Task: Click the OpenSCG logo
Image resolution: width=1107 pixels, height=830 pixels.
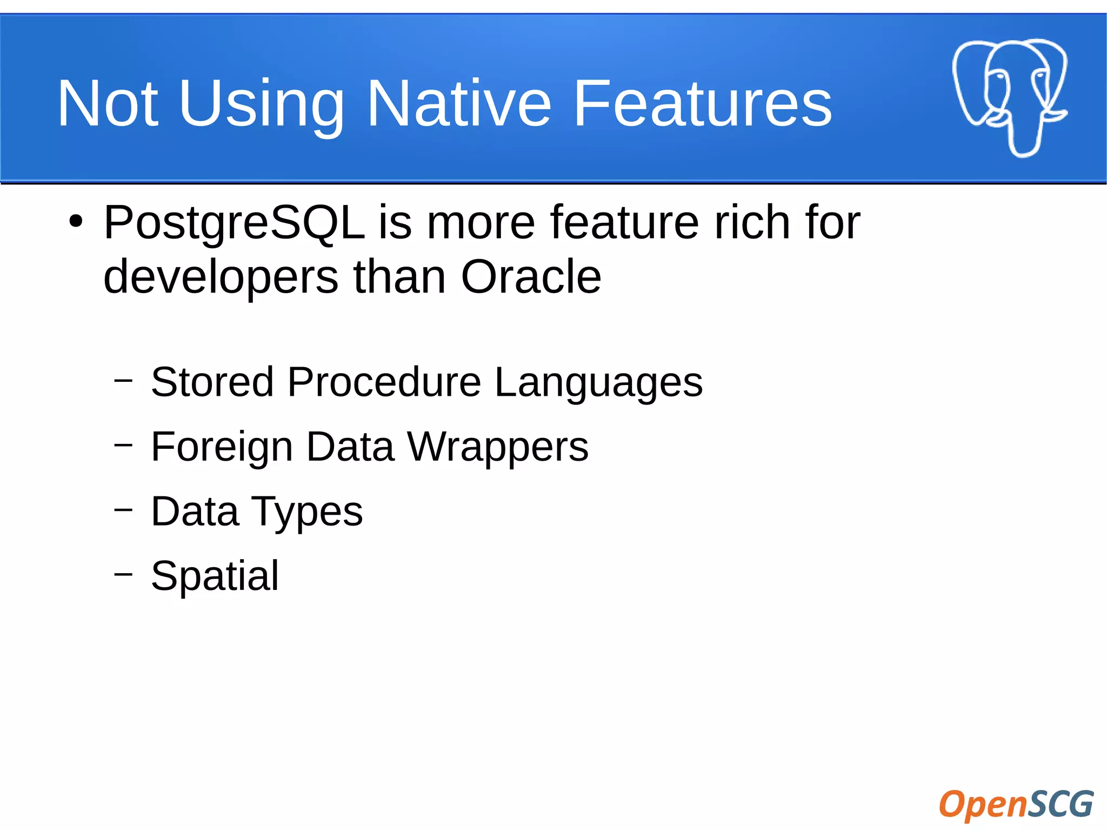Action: point(1016,804)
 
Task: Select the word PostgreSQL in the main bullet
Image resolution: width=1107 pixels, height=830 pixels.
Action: point(234,223)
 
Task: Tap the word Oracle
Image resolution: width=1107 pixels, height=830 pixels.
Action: point(531,277)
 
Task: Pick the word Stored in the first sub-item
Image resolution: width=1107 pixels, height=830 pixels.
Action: point(212,382)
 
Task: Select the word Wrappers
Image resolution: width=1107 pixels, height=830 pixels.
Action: point(498,447)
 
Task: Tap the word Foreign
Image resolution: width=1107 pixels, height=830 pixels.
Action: point(222,448)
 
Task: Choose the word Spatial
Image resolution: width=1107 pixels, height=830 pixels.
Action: point(215,576)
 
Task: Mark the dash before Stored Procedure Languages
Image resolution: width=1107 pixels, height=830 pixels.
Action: point(123,380)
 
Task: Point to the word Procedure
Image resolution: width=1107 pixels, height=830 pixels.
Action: point(384,382)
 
